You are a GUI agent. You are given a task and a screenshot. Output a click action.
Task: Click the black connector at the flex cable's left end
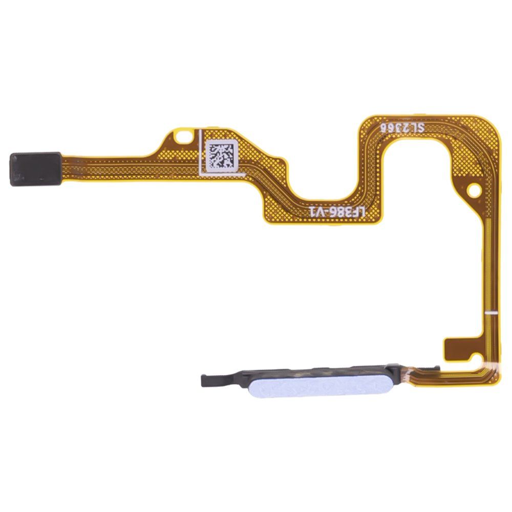[x=35, y=169]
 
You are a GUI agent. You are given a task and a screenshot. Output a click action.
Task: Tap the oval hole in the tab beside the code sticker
[x=184, y=137]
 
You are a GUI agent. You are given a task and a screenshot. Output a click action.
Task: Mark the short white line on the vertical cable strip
[x=491, y=312]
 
